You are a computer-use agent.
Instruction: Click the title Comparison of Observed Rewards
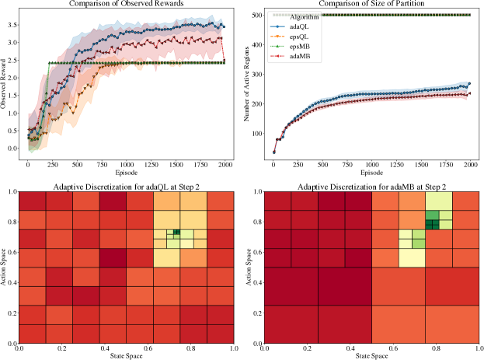pyautogui.click(x=130, y=5)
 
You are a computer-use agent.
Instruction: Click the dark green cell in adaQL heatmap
pyautogui.click(x=177, y=232)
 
